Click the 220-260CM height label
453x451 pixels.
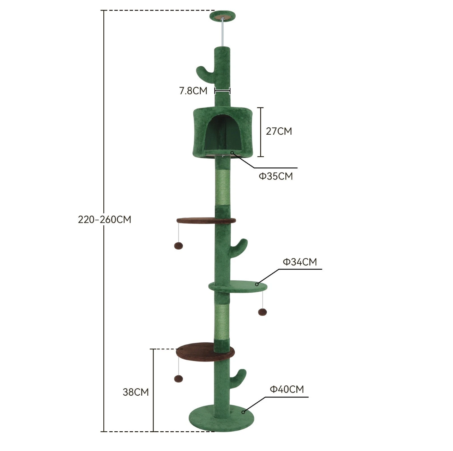[x=104, y=219]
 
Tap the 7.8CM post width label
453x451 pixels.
[x=193, y=91]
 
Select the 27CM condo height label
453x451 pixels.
[x=279, y=131]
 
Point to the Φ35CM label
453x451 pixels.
[x=276, y=176]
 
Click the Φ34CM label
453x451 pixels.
[x=300, y=262]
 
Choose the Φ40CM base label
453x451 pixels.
[x=286, y=389]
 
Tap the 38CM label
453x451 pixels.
[x=135, y=392]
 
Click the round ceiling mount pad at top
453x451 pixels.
[x=222, y=16]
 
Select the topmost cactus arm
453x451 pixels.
[x=203, y=73]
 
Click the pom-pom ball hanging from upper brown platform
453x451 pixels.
[x=178, y=246]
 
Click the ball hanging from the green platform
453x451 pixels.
[x=262, y=312]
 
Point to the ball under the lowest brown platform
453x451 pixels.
[x=179, y=379]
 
